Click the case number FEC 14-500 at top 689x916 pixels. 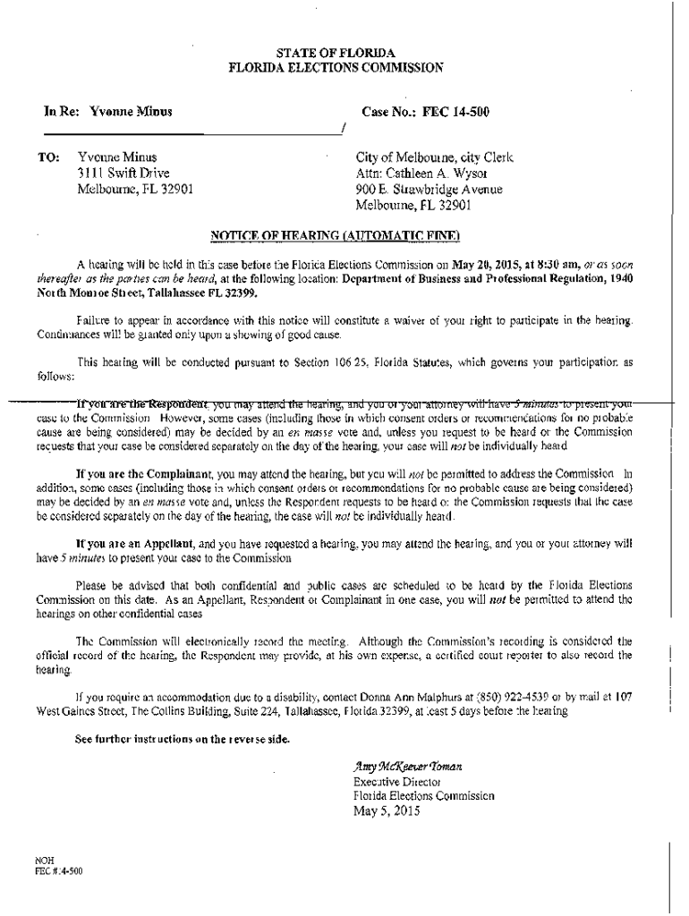[x=456, y=113]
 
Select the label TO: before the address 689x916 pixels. [x=48, y=157]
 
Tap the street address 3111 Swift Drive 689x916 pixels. [x=123, y=173]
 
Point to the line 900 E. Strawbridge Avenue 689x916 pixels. [x=429, y=190]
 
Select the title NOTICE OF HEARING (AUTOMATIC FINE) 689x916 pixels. [x=335, y=236]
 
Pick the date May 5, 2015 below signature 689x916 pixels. [x=387, y=812]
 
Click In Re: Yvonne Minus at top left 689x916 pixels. [x=108, y=113]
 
